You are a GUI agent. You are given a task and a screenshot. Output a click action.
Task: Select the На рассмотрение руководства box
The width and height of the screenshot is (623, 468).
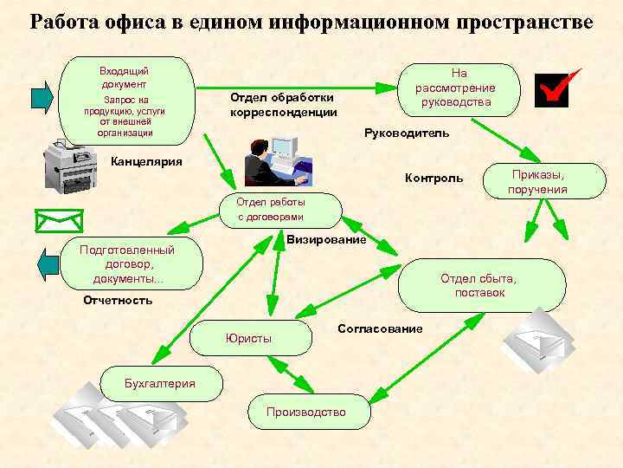tap(456, 88)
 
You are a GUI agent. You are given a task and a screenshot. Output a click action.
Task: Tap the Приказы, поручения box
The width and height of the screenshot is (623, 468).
tap(537, 182)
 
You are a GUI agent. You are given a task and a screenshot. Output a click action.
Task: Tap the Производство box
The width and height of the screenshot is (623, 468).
tap(309, 412)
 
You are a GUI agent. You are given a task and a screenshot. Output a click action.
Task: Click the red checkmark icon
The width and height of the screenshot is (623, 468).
tap(556, 88)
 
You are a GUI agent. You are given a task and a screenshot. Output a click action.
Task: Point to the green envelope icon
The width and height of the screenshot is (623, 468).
tap(58, 221)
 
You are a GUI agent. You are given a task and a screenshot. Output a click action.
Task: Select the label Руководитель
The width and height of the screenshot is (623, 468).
tap(406, 133)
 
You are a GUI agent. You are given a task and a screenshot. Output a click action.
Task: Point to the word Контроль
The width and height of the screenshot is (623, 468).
tap(434, 179)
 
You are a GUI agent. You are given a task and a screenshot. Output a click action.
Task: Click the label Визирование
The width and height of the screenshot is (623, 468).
tap(326, 239)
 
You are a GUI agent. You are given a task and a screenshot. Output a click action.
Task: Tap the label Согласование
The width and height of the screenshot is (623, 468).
tap(380, 329)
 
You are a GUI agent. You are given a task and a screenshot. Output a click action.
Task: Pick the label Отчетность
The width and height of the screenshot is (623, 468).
tap(118, 301)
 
